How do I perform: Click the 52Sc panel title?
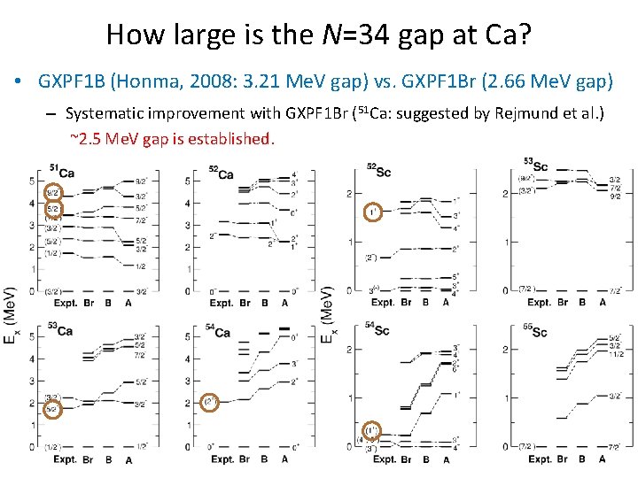pyautogui.click(x=378, y=170)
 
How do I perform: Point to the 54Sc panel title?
pyautogui.click(x=378, y=328)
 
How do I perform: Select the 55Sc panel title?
pyautogui.click(x=535, y=331)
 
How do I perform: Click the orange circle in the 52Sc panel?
pyautogui.click(x=373, y=212)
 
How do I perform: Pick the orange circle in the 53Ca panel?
pyautogui.click(x=52, y=408)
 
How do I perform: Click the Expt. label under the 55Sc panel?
pyautogui.click(x=539, y=459)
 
